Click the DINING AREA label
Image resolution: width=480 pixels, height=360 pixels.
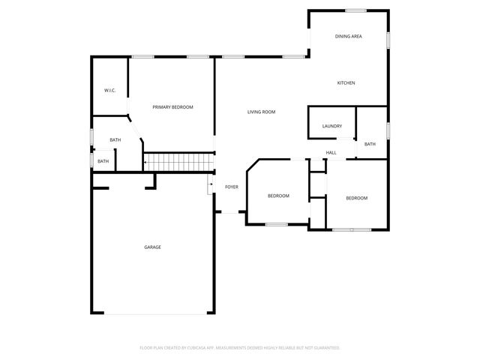[349, 36]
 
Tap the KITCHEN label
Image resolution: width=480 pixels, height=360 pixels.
[346, 82]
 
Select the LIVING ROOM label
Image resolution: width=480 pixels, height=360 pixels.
[262, 112]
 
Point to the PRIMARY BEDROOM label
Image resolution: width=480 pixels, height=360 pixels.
[172, 107]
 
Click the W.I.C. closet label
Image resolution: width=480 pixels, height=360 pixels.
[109, 91]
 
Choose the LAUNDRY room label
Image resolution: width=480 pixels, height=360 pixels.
[332, 126]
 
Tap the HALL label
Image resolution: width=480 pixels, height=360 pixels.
[331, 153]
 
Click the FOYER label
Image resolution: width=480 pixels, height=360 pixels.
[232, 187]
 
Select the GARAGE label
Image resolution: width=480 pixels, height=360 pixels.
[152, 247]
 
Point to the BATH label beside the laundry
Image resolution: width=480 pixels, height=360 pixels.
[370, 144]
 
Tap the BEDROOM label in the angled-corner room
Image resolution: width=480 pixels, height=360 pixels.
[278, 196]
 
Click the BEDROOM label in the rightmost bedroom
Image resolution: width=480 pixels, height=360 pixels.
[356, 198]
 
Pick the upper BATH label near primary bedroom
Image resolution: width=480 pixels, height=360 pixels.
[115, 140]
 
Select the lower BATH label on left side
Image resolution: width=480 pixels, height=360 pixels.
[103, 161]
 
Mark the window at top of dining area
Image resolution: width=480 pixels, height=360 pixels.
[355, 10]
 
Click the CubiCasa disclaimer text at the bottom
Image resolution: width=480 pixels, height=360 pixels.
[240, 347]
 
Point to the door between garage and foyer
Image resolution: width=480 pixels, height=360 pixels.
[211, 185]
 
